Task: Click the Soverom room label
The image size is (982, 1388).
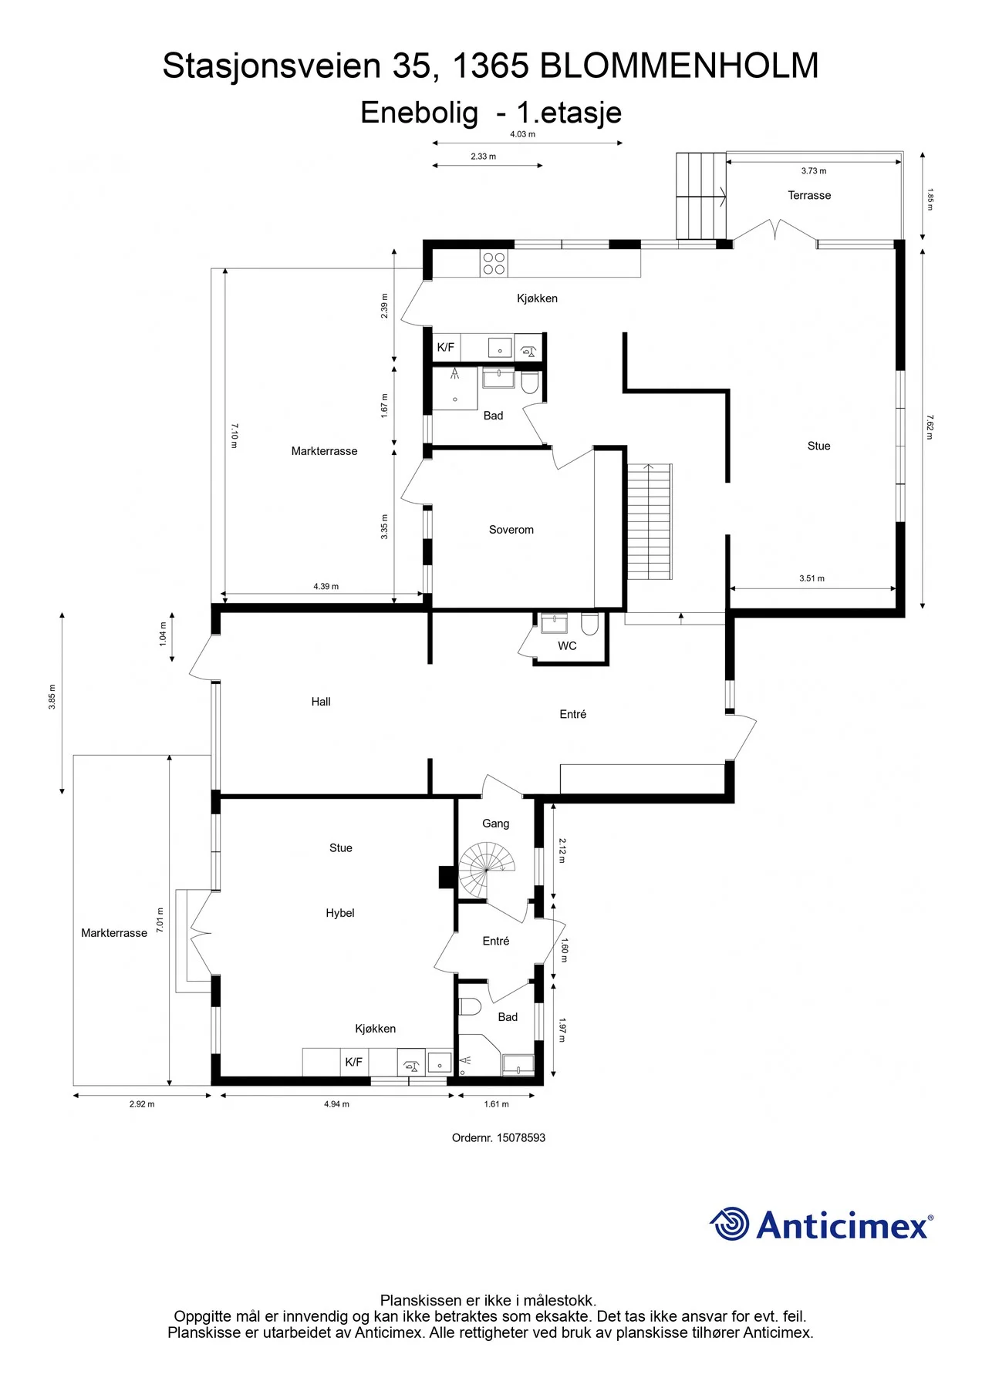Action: (x=511, y=530)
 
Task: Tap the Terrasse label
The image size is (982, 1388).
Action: (x=809, y=196)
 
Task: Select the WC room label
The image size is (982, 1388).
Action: (x=567, y=646)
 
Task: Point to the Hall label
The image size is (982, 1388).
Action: (x=321, y=702)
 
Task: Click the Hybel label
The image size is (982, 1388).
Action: (x=340, y=913)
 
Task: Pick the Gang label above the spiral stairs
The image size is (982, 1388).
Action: (x=496, y=824)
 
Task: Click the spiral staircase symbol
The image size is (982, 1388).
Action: (x=487, y=870)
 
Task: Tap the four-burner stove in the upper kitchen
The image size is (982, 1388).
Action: (x=494, y=263)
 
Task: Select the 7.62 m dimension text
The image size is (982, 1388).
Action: (x=930, y=426)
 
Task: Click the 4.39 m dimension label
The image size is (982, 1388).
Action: (x=326, y=587)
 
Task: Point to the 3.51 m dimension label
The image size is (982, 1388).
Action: (x=812, y=578)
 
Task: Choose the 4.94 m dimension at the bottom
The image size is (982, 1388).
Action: (x=336, y=1104)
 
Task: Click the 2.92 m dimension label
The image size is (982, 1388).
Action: (x=142, y=1104)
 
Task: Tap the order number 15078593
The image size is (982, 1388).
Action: (x=521, y=1137)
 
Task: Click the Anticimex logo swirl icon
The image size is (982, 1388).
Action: (x=729, y=1224)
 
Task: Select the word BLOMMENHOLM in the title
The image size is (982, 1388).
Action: (x=679, y=66)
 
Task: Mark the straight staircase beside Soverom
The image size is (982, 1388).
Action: (x=650, y=521)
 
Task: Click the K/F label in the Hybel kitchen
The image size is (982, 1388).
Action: (x=353, y=1062)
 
